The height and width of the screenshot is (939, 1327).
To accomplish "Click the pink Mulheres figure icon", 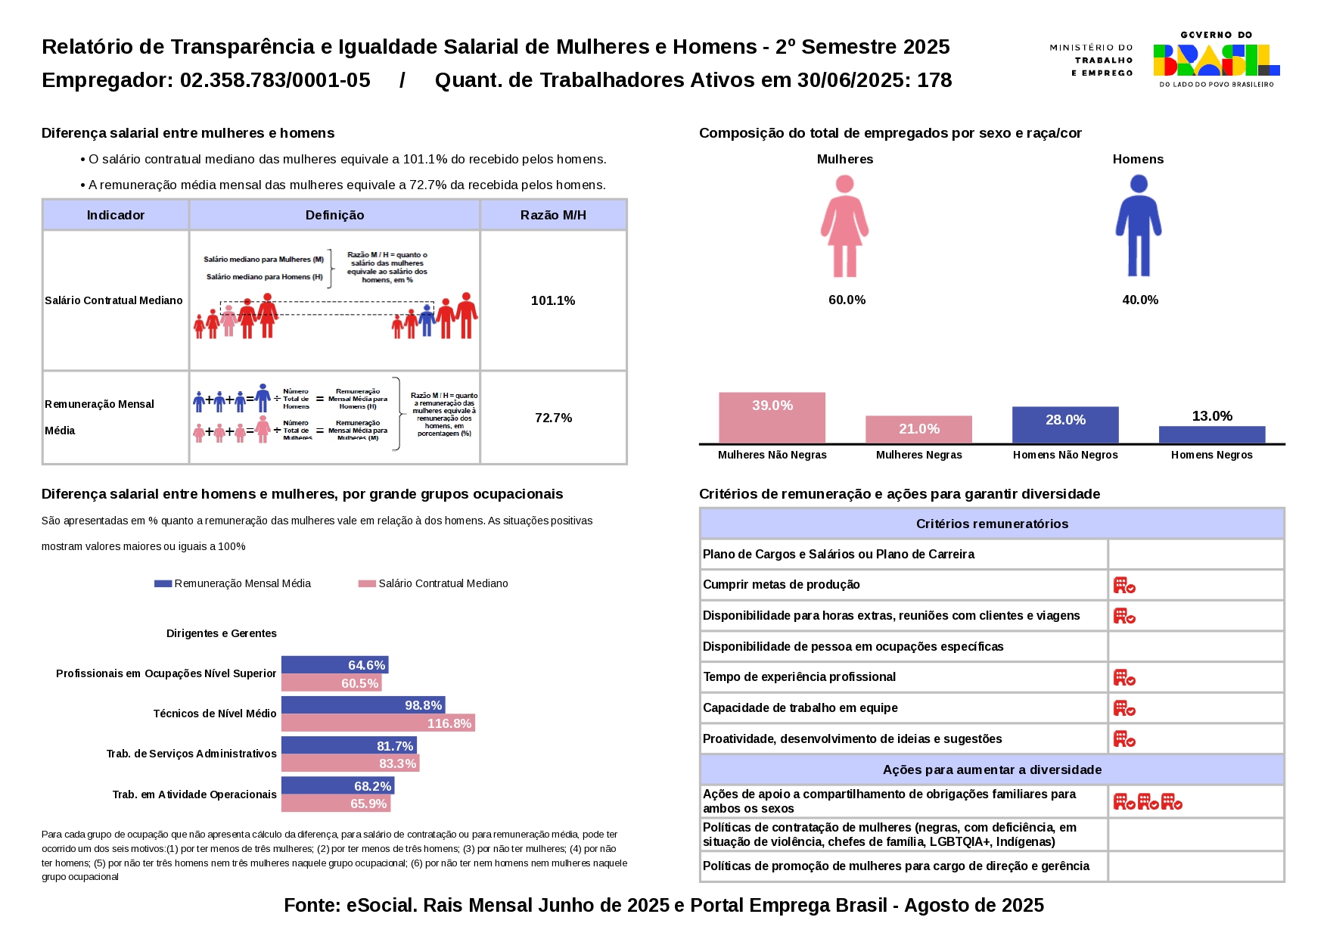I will pyautogui.click(x=844, y=225).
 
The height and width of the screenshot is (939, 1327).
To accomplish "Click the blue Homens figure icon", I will pyautogui.click(x=1138, y=225).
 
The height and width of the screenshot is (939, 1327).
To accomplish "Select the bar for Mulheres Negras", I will pyautogui.click(x=918, y=429).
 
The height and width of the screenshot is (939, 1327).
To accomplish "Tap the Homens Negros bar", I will pyautogui.click(x=1211, y=434).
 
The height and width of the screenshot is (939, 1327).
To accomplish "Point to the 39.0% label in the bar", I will pyautogui.click(x=772, y=406).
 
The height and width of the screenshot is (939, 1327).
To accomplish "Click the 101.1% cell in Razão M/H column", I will pyautogui.click(x=553, y=300).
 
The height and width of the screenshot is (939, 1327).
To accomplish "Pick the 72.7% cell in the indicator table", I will pyautogui.click(x=553, y=418).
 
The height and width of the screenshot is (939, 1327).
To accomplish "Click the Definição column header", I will pyautogui.click(x=334, y=215).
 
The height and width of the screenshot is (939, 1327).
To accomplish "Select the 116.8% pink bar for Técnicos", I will pyautogui.click(x=378, y=723).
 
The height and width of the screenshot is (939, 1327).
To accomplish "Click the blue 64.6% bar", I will pyautogui.click(x=334, y=665).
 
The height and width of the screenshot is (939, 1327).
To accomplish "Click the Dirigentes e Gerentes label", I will pyautogui.click(x=222, y=633).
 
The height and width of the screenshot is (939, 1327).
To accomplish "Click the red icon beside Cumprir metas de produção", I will pyautogui.click(x=1124, y=585).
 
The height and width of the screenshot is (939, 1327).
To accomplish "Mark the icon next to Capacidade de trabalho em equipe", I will pyautogui.click(x=1124, y=708).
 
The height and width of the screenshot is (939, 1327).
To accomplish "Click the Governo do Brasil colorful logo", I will pyautogui.click(x=1216, y=60).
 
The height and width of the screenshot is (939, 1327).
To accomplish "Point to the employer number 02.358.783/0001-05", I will pyautogui.click(x=275, y=80).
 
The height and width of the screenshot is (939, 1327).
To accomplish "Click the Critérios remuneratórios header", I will pyautogui.click(x=992, y=524).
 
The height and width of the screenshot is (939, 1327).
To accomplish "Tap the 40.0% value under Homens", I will pyautogui.click(x=1139, y=300).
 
